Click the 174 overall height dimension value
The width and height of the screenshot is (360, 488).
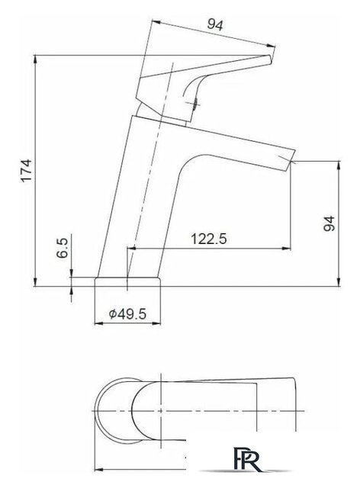[x=27, y=170]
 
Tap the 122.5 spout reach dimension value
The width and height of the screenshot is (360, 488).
[x=209, y=239]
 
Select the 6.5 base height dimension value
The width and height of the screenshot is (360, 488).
[x=63, y=248]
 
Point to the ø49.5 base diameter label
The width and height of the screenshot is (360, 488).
[x=127, y=313]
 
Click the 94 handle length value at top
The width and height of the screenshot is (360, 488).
[x=215, y=24]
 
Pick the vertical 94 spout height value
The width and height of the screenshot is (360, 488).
[x=329, y=223]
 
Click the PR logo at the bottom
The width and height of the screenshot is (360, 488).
[x=246, y=459]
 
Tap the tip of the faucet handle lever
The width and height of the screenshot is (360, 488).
[x=270, y=59]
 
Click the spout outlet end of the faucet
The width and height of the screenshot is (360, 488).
[x=291, y=161]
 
